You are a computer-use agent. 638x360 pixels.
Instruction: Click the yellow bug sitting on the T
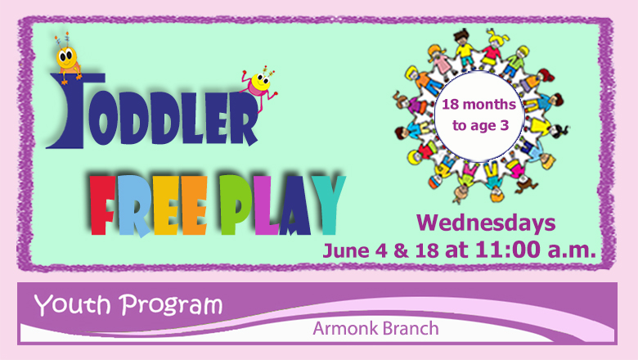67,60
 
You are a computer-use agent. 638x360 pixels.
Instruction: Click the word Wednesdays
486,223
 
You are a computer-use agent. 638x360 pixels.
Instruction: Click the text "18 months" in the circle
478,105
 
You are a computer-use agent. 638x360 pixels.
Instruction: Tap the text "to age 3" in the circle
480,126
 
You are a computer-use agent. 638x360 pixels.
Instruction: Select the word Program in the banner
171,305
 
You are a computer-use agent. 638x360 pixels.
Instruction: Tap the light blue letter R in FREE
133,206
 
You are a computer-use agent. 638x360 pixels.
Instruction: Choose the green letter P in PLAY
236,205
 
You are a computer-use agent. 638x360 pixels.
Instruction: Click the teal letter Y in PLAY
329,205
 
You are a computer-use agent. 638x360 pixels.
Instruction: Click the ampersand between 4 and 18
401,250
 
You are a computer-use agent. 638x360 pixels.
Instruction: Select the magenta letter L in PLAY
266,206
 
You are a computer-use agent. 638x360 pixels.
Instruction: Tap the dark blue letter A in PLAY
296,206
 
